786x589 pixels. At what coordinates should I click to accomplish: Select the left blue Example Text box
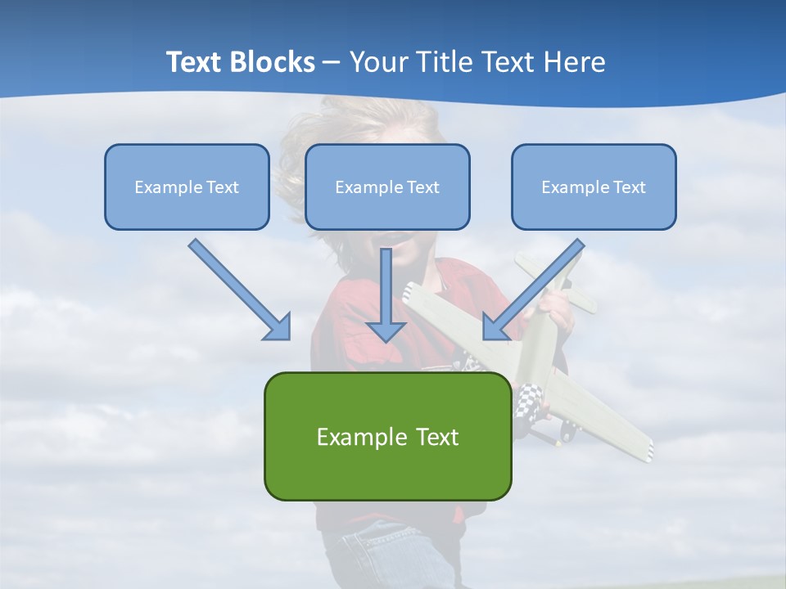187,187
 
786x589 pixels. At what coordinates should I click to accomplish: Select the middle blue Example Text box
387,187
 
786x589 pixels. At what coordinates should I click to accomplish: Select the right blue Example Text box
594,187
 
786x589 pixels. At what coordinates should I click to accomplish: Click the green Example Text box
387,436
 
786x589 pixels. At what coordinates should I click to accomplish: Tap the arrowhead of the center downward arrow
386,330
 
